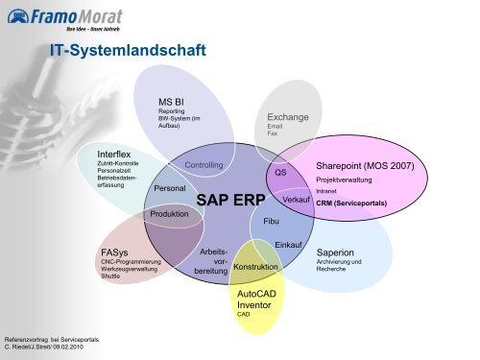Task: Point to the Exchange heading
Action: (288, 117)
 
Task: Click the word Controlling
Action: (204, 165)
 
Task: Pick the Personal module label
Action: (170, 189)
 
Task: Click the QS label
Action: (280, 173)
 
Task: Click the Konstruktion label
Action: (255, 266)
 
